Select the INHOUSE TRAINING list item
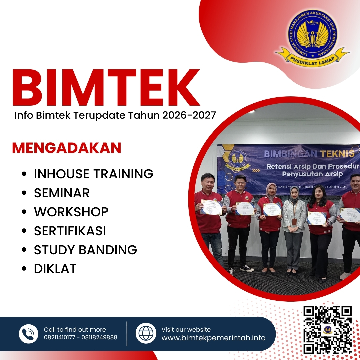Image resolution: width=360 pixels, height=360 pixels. click(x=93, y=174)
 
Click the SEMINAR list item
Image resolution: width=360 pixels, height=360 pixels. click(x=62, y=193)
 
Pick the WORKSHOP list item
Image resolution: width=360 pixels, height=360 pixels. click(x=71, y=212)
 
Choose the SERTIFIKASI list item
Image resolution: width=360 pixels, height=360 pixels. click(x=70, y=231)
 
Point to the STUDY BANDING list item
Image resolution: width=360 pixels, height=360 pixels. click(x=85, y=250)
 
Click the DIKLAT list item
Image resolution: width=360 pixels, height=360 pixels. click(x=55, y=269)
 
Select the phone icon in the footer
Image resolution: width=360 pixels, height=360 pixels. click(x=29, y=334)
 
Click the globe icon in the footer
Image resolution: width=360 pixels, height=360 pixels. click(x=146, y=333)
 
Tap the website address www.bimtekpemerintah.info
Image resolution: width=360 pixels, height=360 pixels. click(x=213, y=338)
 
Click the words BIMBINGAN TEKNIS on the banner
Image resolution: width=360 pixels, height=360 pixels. click(x=309, y=154)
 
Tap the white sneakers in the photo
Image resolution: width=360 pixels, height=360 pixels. click(x=247, y=268)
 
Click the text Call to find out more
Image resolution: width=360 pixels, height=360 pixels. click(x=75, y=330)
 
